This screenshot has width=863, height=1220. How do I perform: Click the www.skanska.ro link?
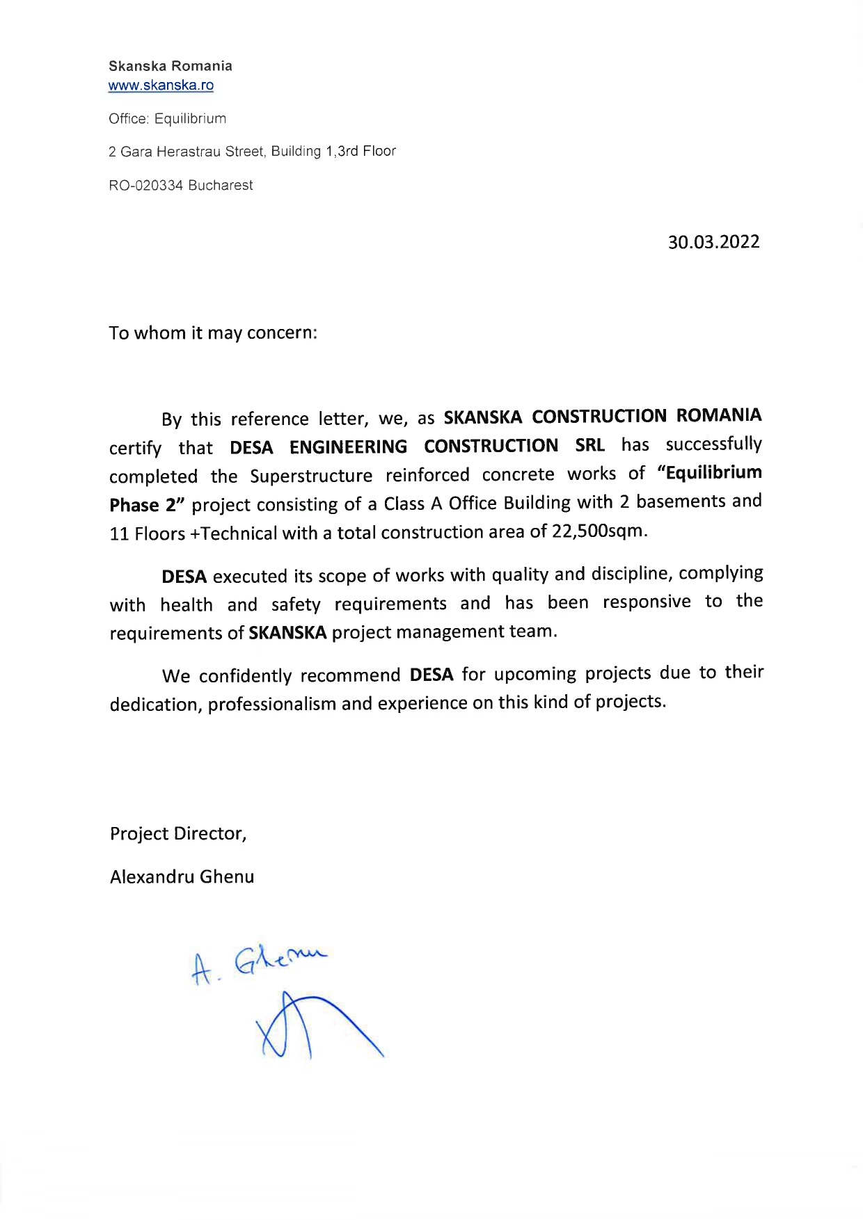161,86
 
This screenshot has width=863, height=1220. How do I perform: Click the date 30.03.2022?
713,242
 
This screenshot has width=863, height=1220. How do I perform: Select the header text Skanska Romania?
171,66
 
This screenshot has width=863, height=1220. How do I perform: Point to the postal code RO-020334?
145,186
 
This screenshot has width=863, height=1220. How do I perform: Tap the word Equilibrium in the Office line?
190,119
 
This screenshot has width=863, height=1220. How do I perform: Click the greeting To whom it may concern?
212,333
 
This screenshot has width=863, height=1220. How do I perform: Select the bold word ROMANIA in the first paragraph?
719,416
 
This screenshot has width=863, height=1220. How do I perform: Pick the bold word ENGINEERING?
348,447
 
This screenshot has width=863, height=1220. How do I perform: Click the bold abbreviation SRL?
590,445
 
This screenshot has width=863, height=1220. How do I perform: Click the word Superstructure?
311,476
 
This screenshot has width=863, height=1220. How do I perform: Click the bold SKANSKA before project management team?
287,633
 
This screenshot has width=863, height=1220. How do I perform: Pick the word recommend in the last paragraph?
350,675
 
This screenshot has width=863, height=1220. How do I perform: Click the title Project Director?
177,833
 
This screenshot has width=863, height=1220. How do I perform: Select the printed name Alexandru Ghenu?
182,876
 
